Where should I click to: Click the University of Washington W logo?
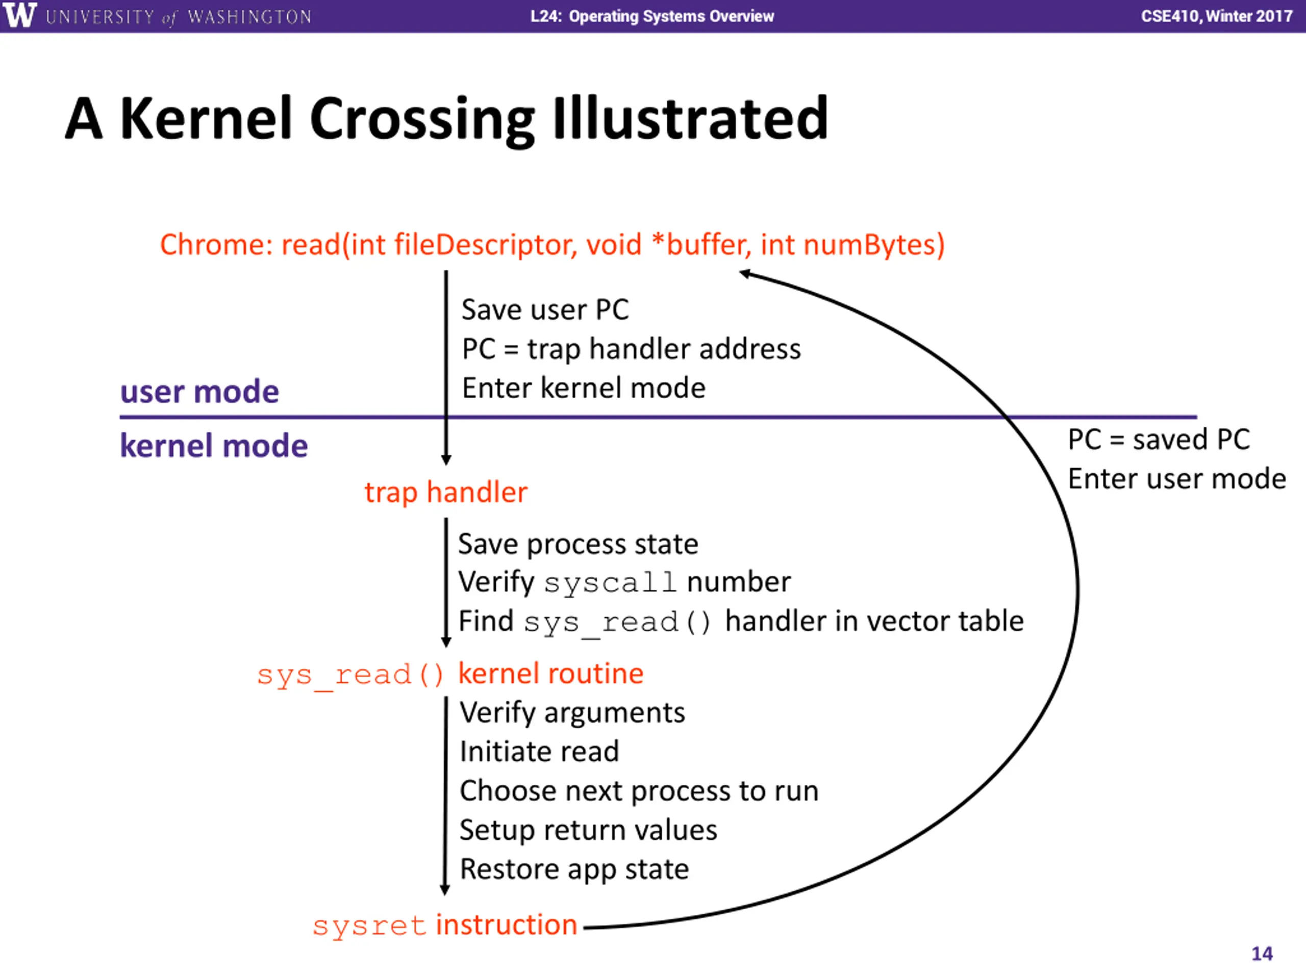tap(19, 15)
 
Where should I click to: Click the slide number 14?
tap(1262, 954)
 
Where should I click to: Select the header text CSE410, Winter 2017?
tap(1216, 16)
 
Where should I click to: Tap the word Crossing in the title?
tap(422, 120)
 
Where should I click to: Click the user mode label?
tap(199, 392)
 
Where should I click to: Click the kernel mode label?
tap(214, 446)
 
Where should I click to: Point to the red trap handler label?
tap(446, 493)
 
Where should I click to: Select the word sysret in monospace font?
tap(369, 925)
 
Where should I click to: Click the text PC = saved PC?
tap(1159, 440)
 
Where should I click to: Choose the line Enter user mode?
tap(1177, 479)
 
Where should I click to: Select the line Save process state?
tap(578, 544)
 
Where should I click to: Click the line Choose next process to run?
tap(639, 791)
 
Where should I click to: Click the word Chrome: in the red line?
tap(217, 244)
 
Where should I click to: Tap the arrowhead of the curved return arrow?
tap(745, 274)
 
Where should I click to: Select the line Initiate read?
tap(539, 752)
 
